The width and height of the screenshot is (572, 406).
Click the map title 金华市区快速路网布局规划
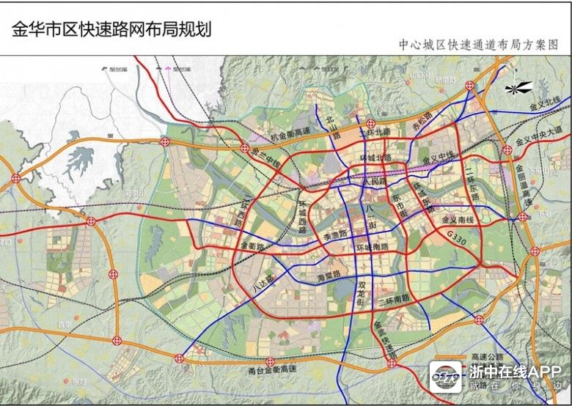(111, 29)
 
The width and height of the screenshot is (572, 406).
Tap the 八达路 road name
(263, 284)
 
